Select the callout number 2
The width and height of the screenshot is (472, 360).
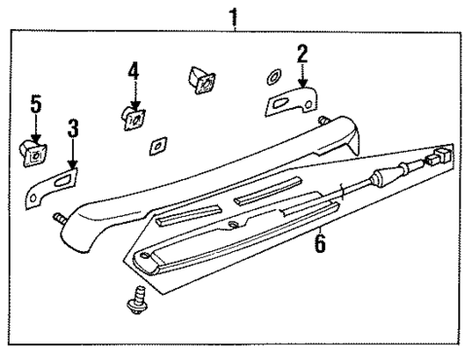pos(303,53)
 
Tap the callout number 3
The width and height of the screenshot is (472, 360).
pos(73,128)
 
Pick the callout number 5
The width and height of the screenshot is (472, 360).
pos(35,104)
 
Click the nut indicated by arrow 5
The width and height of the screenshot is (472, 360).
pos(35,150)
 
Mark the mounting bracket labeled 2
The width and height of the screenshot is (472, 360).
pos(293,99)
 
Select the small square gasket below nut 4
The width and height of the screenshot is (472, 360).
pos(156,145)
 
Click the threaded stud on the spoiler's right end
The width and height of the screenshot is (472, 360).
pos(320,119)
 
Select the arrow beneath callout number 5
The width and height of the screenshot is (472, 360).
pos(35,126)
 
